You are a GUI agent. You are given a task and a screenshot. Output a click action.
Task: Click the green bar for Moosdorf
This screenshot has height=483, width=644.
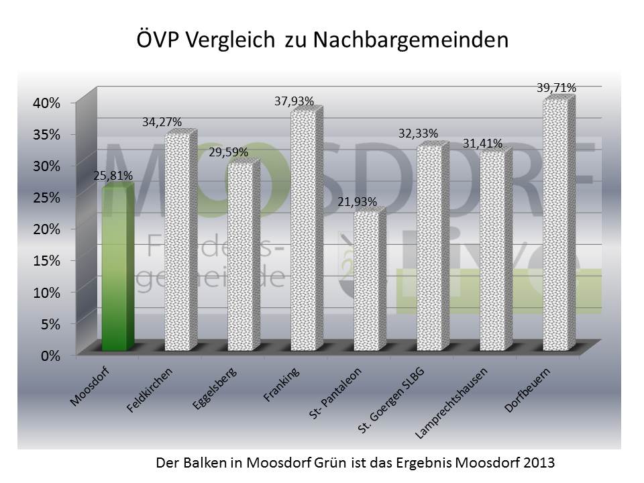(x=117, y=268)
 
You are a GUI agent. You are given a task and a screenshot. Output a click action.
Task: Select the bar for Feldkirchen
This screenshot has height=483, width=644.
(x=180, y=241)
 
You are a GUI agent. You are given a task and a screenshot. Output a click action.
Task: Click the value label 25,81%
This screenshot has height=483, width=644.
(x=113, y=176)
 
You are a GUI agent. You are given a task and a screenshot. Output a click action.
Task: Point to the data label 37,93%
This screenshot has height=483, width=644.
(x=294, y=101)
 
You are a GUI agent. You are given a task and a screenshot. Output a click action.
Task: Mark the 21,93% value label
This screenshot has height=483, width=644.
(x=357, y=201)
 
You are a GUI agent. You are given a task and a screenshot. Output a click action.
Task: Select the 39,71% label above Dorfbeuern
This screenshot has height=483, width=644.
(x=556, y=87)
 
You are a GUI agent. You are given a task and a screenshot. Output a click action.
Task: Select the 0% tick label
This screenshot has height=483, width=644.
(x=51, y=355)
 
